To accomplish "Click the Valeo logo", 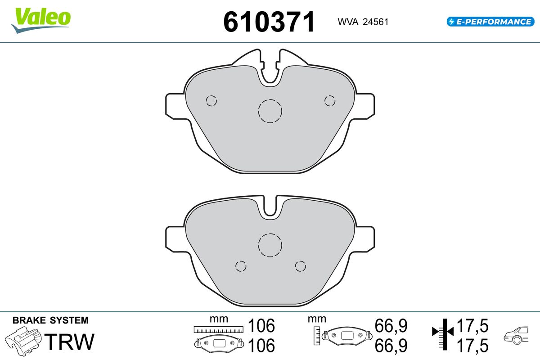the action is coord(41,20).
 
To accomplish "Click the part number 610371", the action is coord(269,22).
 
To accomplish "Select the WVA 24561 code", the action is coord(363,22).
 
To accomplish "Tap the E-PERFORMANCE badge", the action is coord(490,22).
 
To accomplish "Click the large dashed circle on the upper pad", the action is coord(270,99).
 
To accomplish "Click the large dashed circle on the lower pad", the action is coord(270,234).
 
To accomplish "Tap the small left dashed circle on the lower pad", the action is coord(241,261).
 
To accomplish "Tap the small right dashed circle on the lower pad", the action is coord(301,261).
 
